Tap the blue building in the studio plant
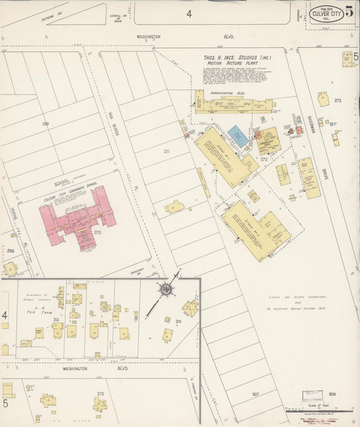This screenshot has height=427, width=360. pyautogui.click(x=238, y=135)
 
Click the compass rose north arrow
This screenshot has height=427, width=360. pyautogui.click(x=164, y=289)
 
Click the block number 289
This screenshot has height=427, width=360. pyautogui.click(x=45, y=124)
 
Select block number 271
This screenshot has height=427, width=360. pyautogui.click(x=166, y=152)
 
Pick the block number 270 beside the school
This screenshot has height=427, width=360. pyautogui.click(x=97, y=232)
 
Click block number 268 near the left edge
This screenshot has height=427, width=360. pyautogui.click(x=10, y=251)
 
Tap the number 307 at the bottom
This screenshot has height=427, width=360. pyautogui.click(x=255, y=394)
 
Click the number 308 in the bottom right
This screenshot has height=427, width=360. pyautogui.click(x=332, y=394)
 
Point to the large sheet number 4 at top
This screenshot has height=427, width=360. pyautogui.click(x=189, y=13)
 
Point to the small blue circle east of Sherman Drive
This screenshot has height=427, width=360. pyautogui.click(x=332, y=123)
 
